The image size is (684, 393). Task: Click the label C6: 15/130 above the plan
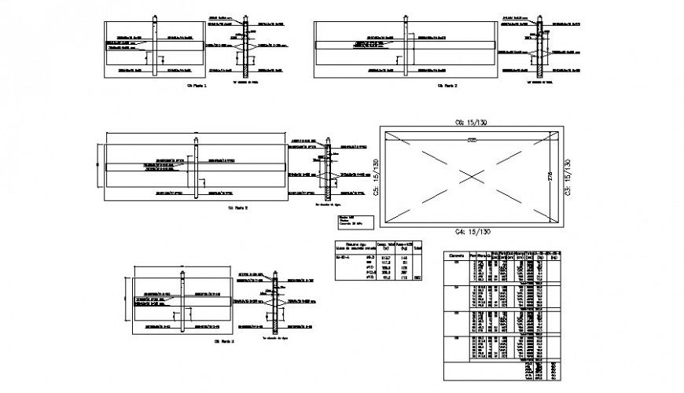tap(471, 123)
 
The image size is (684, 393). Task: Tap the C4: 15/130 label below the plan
tap(471, 232)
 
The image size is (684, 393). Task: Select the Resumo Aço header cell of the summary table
tap(351, 246)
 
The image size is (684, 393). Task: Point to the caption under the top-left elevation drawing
tap(195, 85)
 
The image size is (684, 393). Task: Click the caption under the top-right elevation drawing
tap(447, 85)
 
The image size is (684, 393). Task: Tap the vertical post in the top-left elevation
tap(155, 47)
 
